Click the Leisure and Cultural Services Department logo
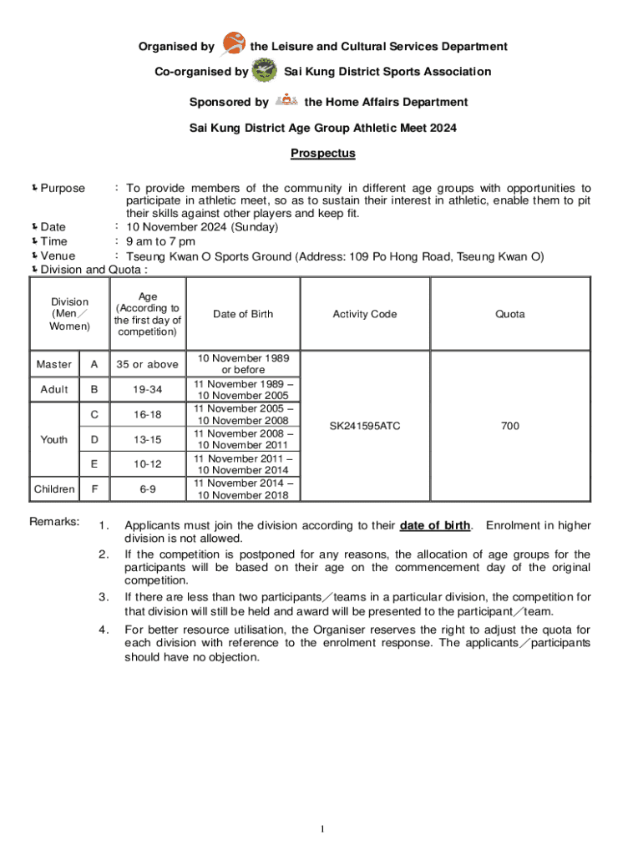click(235, 43)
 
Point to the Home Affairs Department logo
click(286, 100)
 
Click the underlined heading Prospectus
click(322, 153)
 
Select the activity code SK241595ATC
click(364, 426)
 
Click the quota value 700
click(509, 426)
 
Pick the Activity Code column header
click(364, 314)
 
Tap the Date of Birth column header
click(242, 314)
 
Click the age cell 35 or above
click(148, 364)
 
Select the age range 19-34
click(148, 389)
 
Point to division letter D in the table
click(94, 439)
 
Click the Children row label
click(54, 488)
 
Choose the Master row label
click(54, 364)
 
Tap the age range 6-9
click(148, 488)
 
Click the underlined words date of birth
click(435, 525)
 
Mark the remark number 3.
click(103, 597)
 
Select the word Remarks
click(54, 522)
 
